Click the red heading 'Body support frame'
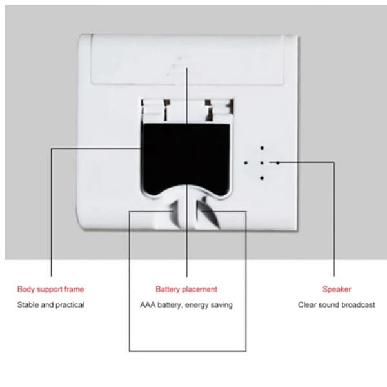pyautogui.click(x=50, y=289)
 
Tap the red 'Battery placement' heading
pyautogui.click(x=186, y=289)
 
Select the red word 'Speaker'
pyautogui.click(x=337, y=289)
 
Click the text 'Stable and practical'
pyautogui.click(x=50, y=305)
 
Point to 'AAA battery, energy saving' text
pyautogui.click(x=186, y=305)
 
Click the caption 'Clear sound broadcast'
pyautogui.click(x=337, y=305)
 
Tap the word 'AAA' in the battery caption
pyautogui.click(x=148, y=305)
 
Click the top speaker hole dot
pyautogui.click(x=262, y=148)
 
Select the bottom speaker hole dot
pyautogui.click(x=262, y=178)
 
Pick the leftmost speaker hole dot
pyautogui.click(x=246, y=163)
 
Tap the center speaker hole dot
pyautogui.click(x=262, y=163)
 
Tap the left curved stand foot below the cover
pyautogui.click(x=175, y=213)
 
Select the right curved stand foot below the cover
pyautogui.click(x=208, y=213)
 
